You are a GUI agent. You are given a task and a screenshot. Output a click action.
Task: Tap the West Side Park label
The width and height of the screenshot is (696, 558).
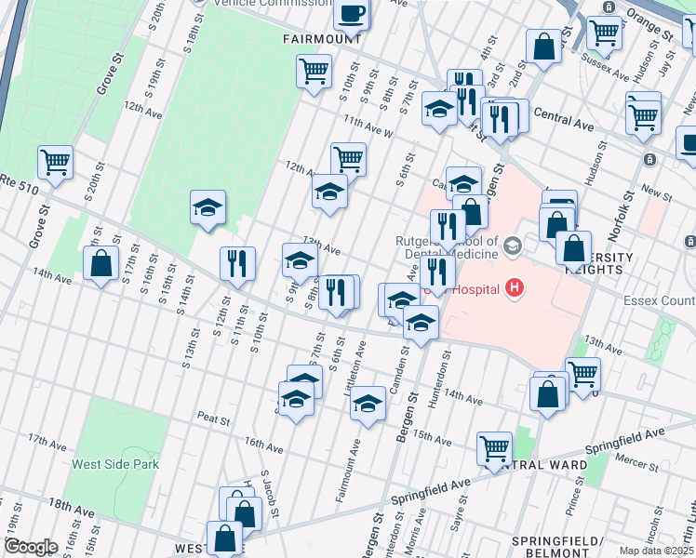(115, 464)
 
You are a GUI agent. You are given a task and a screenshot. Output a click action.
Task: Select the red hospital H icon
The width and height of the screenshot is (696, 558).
(513, 289)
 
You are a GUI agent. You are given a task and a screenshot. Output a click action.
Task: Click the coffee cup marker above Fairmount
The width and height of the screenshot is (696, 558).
(352, 13)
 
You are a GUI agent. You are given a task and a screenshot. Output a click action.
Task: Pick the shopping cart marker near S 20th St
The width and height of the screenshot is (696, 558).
(56, 162)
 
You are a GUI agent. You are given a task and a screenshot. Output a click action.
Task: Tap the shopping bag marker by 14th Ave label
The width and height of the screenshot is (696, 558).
(100, 263)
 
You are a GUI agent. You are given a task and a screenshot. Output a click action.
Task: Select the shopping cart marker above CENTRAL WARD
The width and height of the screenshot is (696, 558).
(494, 447)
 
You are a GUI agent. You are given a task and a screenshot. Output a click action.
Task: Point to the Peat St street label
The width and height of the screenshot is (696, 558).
(212, 420)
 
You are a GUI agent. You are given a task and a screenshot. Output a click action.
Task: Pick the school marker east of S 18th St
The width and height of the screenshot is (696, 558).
(208, 207)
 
